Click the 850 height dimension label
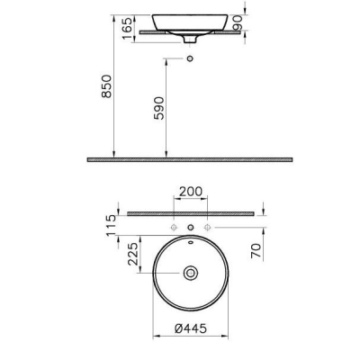[x=106, y=86]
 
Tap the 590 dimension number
[x=159, y=108]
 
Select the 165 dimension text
[x=127, y=28]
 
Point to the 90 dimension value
[x=237, y=22]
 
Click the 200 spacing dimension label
[x=191, y=192]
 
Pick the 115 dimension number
[x=111, y=226]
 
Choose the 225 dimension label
[x=133, y=254]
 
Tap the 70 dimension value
[x=256, y=251]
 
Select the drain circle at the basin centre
[x=191, y=273]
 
